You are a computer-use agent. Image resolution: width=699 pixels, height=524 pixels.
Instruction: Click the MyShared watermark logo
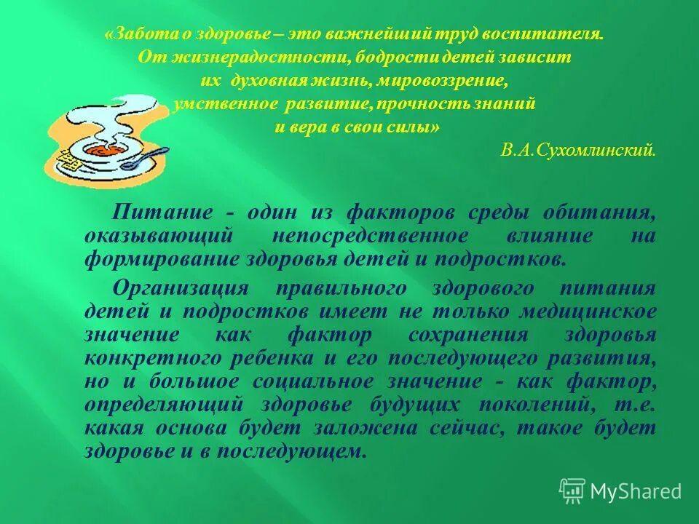tap(620, 491)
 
